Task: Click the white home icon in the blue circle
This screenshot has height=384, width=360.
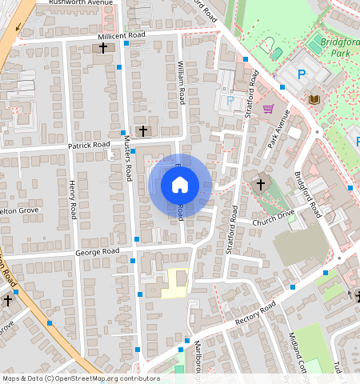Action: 180,185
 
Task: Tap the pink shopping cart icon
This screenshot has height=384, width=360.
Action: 268,109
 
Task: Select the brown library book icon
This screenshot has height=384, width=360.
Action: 314,99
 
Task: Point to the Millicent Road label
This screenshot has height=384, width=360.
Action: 121,36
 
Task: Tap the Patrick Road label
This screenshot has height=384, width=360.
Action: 88,145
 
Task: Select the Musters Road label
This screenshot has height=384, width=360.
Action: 126,158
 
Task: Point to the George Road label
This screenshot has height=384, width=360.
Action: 97,251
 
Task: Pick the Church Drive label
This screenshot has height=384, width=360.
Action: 274,217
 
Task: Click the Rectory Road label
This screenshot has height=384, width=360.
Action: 255,314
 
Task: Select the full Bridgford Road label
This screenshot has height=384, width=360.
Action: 307,195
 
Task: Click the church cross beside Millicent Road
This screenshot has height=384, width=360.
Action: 102,48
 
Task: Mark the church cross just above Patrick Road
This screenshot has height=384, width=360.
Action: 143,130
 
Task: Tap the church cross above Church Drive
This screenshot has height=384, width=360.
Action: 260,185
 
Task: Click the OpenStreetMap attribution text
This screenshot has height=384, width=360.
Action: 81,378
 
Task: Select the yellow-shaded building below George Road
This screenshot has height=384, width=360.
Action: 175,284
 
